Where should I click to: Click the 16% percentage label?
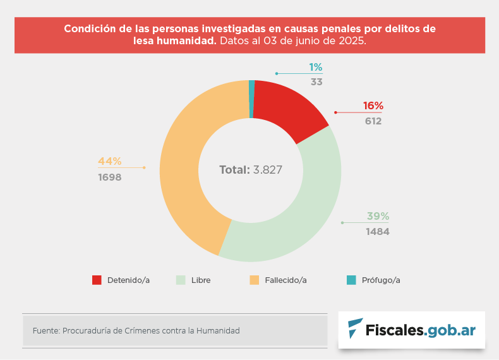point(373,106)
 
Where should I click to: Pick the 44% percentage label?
point(109,161)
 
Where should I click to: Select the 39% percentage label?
point(378,216)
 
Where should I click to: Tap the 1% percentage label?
point(316,67)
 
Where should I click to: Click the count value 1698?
point(109,177)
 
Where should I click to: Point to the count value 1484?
point(378,232)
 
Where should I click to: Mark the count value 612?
point(373,121)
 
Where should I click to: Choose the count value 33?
point(316,82)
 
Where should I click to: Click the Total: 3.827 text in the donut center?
point(250,170)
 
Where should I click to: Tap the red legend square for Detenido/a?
point(97,280)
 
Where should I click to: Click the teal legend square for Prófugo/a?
point(351,280)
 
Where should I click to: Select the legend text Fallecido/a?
point(286,280)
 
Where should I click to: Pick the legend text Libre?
point(201,280)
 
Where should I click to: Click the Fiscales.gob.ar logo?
point(412,330)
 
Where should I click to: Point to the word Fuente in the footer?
point(45,330)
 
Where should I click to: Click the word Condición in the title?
point(88,29)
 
